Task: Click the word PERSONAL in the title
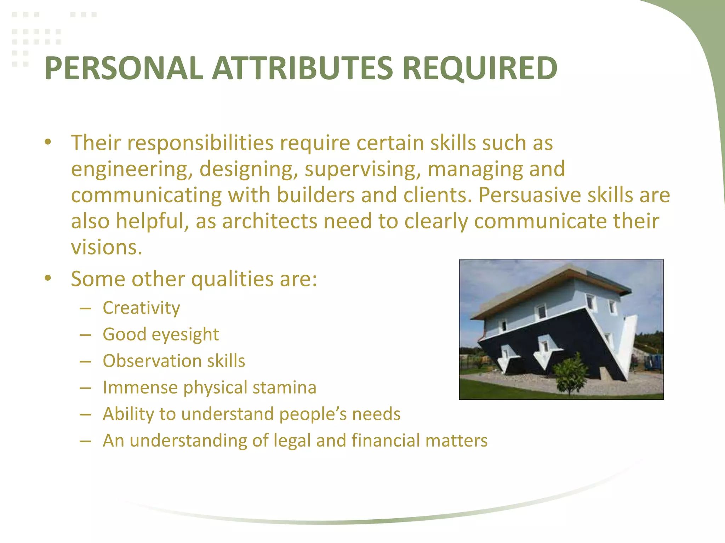(124, 68)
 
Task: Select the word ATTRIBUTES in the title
(302, 68)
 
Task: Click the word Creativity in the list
(141, 308)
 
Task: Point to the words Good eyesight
(161, 334)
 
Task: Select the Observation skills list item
(174, 361)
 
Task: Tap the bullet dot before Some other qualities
(48, 278)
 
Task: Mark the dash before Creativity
(85, 309)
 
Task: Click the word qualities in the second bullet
(232, 279)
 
